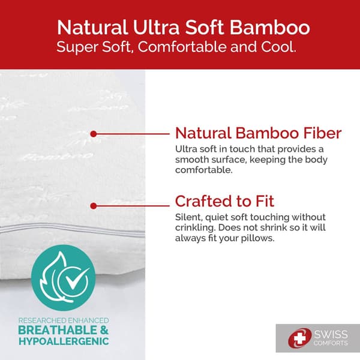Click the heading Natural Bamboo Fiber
coord(258,133)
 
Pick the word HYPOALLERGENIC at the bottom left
coord(64,341)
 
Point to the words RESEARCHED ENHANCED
coord(64,319)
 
